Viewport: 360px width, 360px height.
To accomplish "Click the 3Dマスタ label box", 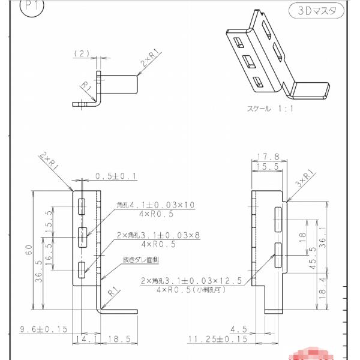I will point(316,10).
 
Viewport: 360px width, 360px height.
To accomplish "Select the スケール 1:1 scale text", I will point(268,110).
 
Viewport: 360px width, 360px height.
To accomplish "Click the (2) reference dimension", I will point(82,53).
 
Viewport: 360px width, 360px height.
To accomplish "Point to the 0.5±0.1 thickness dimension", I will point(116,176).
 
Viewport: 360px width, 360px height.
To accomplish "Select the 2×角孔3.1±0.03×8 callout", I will point(158,234).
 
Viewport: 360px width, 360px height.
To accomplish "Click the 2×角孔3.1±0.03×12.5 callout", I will point(191,280).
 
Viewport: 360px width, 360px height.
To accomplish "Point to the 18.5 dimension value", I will point(119,340).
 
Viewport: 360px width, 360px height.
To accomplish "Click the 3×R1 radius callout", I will point(305,176).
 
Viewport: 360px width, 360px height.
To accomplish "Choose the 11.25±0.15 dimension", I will point(217,340).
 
